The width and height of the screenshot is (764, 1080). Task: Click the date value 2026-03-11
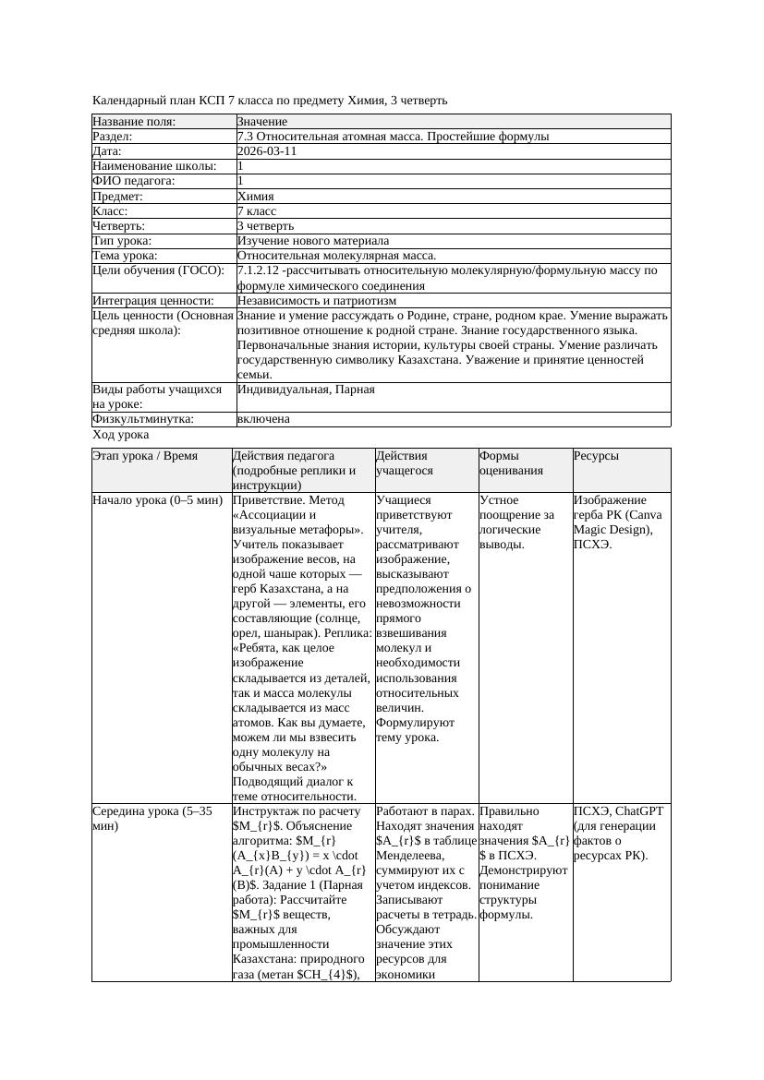267,151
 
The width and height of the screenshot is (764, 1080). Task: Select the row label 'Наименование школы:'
154,166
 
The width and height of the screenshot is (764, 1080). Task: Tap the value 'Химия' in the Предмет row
255,196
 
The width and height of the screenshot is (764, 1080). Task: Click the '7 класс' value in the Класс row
257,210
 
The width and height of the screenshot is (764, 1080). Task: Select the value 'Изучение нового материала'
313,240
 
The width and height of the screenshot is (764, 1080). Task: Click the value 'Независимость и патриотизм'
317,300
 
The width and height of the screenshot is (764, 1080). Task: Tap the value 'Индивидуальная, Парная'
306,390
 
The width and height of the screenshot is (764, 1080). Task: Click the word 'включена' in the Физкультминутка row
263,419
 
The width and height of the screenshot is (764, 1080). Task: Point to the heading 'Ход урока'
121,434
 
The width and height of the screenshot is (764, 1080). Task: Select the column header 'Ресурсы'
596,456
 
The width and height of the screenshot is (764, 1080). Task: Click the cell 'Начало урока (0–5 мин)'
157,500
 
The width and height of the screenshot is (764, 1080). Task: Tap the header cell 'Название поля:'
134,122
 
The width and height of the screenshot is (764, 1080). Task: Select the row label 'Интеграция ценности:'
153,300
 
